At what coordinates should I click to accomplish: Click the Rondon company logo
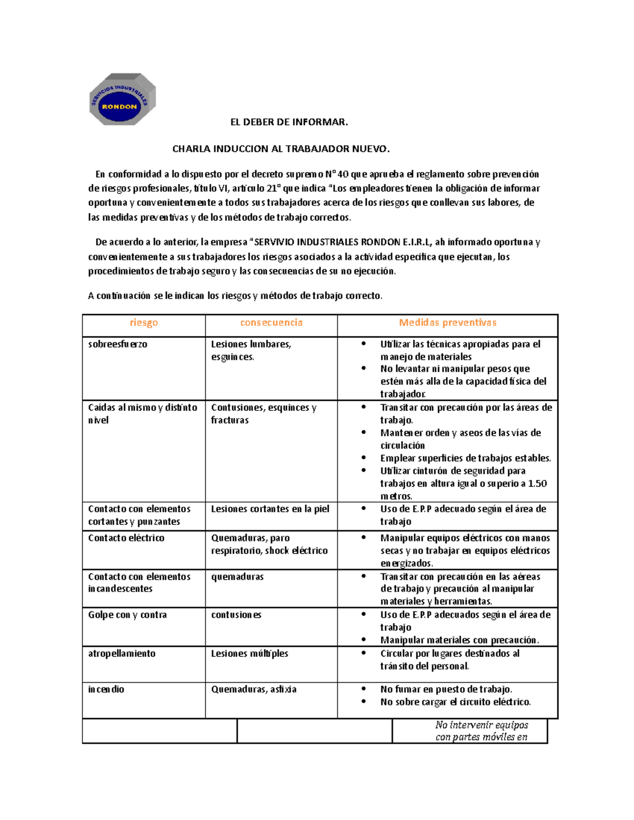point(123,99)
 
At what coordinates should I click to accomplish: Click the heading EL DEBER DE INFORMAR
point(289,122)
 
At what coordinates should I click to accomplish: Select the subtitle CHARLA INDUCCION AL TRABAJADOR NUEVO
point(281,149)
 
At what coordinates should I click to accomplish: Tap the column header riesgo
point(144,323)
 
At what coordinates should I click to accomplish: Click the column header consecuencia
point(271,323)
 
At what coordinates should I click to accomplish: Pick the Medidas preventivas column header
point(447,323)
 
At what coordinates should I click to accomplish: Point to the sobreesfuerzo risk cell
point(118,344)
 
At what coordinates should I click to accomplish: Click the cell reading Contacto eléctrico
point(126,538)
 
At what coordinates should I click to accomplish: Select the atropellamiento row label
point(122,654)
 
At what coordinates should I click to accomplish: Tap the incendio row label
point(106,690)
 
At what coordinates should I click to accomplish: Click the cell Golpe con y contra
point(127,615)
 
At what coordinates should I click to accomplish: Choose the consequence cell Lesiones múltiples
point(249,654)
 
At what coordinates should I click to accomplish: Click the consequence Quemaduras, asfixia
point(254,690)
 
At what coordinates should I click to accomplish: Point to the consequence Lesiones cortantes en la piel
point(270,509)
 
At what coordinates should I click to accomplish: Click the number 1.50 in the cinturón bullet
point(537,484)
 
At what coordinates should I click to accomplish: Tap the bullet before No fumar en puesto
point(363,689)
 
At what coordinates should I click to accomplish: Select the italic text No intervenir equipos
point(481,725)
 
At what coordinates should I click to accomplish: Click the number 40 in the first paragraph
point(343,174)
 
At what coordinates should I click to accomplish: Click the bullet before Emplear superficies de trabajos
point(363,458)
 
